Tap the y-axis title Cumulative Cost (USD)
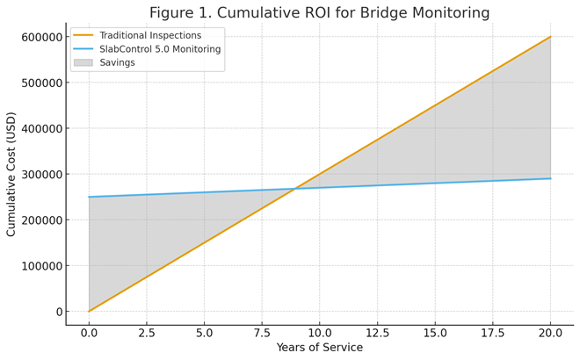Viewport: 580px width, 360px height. click(11, 174)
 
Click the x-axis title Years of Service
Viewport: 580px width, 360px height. click(319, 348)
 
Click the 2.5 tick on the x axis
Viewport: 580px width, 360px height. click(146, 334)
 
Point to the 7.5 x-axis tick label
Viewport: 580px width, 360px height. click(262, 334)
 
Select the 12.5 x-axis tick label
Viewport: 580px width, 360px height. click(377, 334)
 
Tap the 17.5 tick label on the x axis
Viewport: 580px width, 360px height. click(492, 334)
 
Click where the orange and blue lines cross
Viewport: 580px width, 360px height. click(294, 188)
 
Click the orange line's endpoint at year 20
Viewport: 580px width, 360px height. click(550, 37)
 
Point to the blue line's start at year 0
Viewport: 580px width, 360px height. click(89, 197)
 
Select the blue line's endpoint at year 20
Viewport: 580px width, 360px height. click(550, 178)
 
